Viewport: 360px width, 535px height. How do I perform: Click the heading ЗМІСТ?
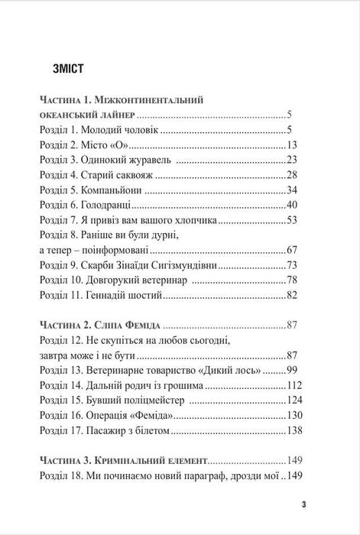64,69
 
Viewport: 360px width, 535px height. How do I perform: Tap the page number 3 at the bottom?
303,504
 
